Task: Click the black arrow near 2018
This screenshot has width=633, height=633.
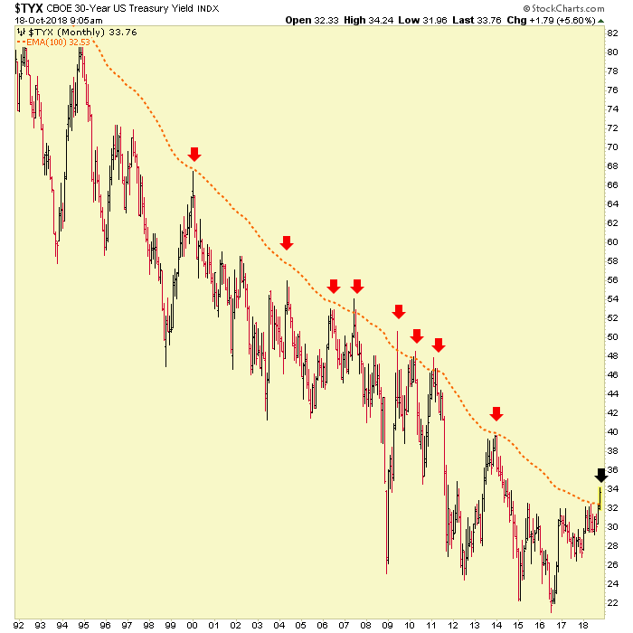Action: coord(601,475)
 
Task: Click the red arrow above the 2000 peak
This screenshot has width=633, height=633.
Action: coord(194,155)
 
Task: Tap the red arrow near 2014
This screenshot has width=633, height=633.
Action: coord(496,414)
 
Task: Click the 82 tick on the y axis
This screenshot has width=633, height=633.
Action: coord(612,33)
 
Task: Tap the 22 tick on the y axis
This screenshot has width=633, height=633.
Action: coord(612,603)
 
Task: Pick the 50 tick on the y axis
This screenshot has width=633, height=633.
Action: coord(612,337)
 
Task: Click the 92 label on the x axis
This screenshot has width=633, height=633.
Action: coord(19,624)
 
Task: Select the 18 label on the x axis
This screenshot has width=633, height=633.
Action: coord(583,624)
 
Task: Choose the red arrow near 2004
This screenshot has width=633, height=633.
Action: coord(287,242)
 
